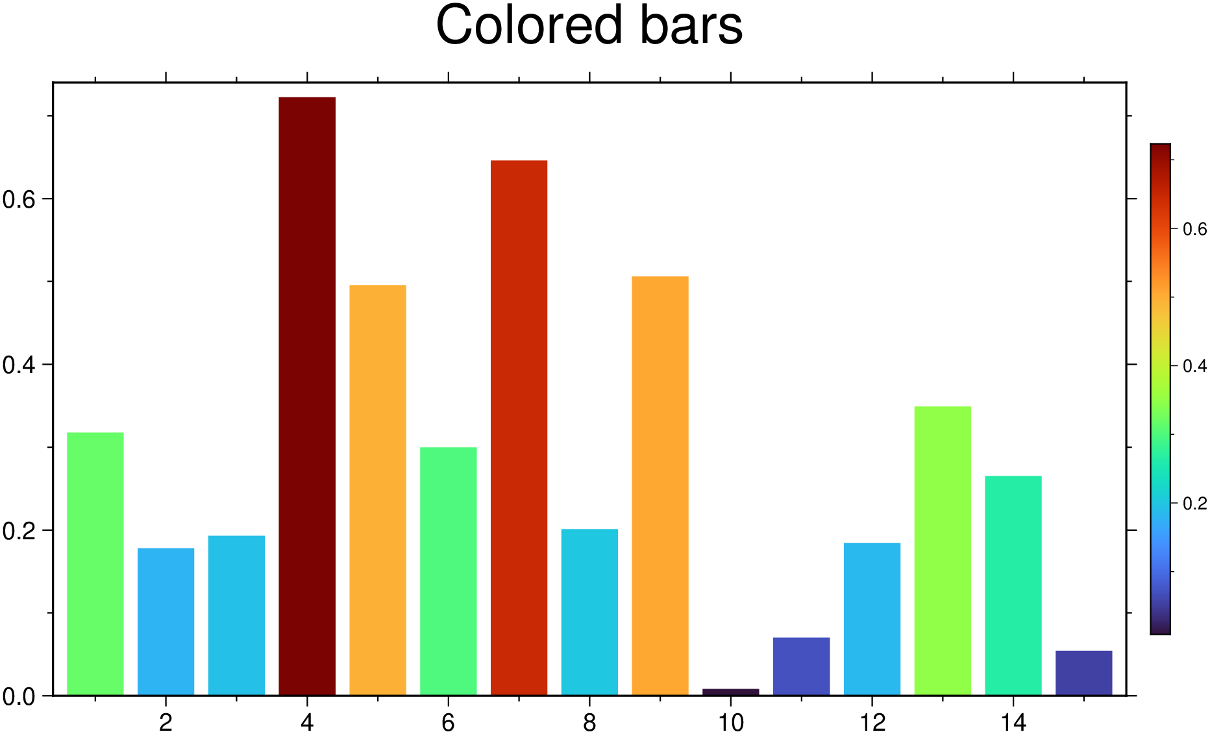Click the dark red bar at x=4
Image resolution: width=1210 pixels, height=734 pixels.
click(307, 396)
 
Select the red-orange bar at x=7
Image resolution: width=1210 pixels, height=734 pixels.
click(519, 428)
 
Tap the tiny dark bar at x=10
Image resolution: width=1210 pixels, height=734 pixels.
click(730, 692)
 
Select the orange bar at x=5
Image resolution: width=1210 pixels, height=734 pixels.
click(377, 490)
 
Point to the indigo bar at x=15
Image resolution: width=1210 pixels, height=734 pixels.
click(1083, 672)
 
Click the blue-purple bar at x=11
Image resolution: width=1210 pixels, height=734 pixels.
click(801, 666)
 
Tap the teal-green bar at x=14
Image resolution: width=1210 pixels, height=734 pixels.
click(1013, 585)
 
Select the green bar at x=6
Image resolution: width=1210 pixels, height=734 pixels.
click(448, 571)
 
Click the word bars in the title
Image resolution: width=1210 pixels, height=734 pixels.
click(691, 26)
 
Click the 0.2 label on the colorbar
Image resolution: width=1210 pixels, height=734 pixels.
click(1194, 504)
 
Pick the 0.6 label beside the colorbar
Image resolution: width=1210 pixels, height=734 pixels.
click(1194, 229)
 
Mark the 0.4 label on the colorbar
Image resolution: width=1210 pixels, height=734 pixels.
click(1194, 367)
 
